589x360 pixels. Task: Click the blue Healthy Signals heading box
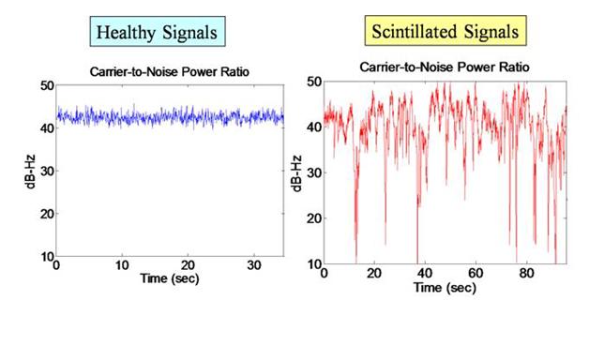click(x=158, y=32)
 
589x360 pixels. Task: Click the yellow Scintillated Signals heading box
click(x=446, y=31)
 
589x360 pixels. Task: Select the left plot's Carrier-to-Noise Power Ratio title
click(x=170, y=71)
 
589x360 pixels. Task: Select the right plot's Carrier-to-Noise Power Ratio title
click(x=445, y=67)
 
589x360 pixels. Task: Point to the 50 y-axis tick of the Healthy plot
click(x=47, y=85)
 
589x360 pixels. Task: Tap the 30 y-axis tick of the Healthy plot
click(x=47, y=171)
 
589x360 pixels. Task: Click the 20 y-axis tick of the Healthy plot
click(x=47, y=214)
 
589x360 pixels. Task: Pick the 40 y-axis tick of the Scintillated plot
click(x=314, y=127)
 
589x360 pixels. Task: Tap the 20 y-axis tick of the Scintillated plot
click(x=314, y=218)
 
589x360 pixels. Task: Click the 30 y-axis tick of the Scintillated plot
click(x=314, y=172)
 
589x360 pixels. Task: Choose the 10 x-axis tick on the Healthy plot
click(x=122, y=265)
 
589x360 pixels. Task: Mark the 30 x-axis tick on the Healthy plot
click(x=254, y=265)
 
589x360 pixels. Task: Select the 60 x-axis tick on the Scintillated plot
click(x=476, y=273)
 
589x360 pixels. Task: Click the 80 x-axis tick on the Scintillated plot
click(x=527, y=273)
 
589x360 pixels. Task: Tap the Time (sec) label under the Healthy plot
click(x=170, y=278)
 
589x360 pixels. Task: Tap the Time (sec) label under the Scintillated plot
click(x=445, y=288)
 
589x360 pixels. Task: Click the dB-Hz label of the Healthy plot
click(x=31, y=172)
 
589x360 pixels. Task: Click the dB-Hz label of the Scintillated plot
click(x=296, y=173)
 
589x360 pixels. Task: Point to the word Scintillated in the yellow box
click(x=415, y=31)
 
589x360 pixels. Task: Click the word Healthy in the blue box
click(x=126, y=33)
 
